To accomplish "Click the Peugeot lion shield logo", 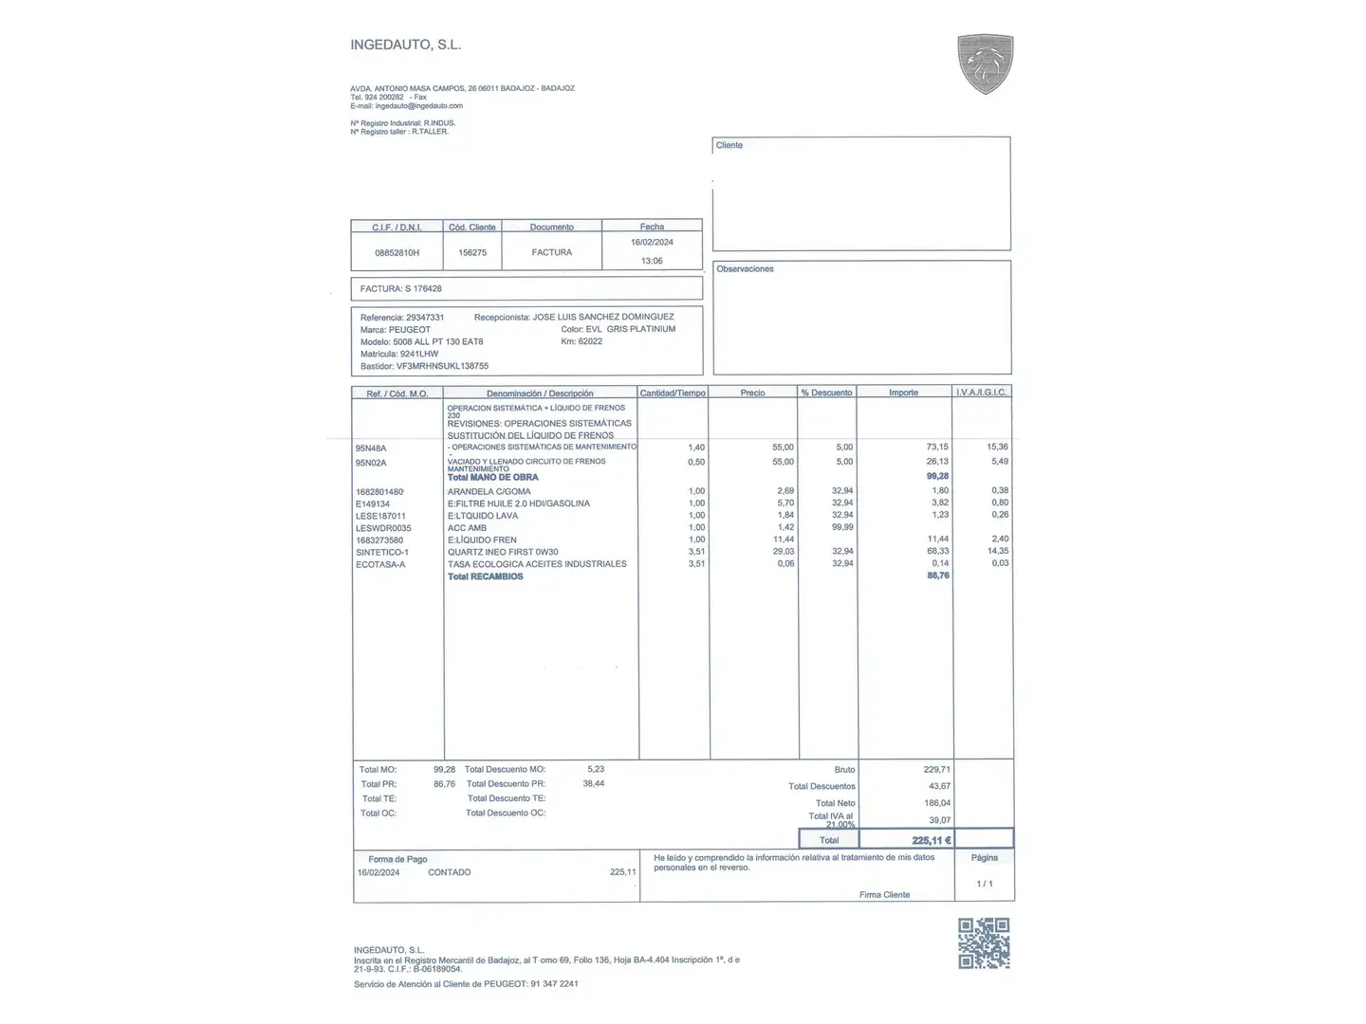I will [x=986, y=64].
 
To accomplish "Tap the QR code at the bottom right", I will [x=984, y=942].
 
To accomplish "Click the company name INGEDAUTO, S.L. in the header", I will [x=405, y=45].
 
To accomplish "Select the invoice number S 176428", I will [x=423, y=288].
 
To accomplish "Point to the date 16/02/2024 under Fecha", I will [x=652, y=242].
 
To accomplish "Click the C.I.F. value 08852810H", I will [x=397, y=253].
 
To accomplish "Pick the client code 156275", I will [x=472, y=253].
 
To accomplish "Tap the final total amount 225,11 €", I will [x=931, y=840].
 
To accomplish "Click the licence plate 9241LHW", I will [x=419, y=354].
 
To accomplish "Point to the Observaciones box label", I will [x=745, y=269].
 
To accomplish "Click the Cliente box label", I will [x=729, y=145].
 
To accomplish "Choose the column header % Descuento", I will [x=826, y=393].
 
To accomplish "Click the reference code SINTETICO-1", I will [x=381, y=552].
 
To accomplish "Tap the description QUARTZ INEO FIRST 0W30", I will [x=503, y=552].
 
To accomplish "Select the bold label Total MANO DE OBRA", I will [x=492, y=477].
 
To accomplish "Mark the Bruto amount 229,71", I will [x=936, y=770].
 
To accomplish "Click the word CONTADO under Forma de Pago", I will [x=449, y=872].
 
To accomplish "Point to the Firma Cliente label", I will [x=884, y=895].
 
